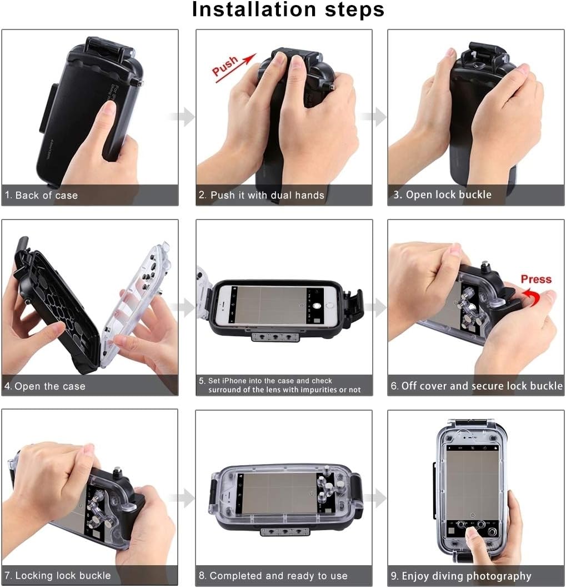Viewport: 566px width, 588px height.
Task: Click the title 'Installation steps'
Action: click(288, 10)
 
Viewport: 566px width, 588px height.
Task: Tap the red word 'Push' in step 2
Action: click(226, 66)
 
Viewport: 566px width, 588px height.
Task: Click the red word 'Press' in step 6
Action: click(535, 279)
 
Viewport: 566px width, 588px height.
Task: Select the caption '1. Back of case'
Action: click(41, 195)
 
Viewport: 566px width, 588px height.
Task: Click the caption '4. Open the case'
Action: click(45, 386)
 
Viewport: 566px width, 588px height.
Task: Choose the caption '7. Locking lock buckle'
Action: click(57, 575)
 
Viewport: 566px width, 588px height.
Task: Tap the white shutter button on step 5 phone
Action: click(317, 306)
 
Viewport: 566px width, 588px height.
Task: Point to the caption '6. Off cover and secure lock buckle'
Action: click(477, 386)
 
